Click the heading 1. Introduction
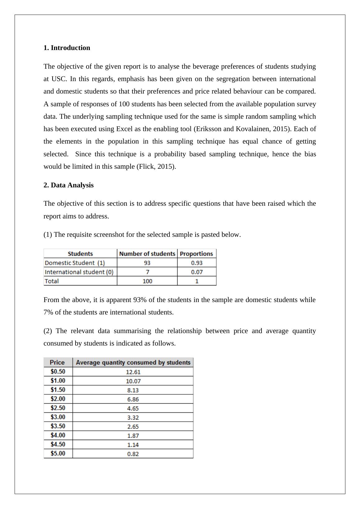[x=67, y=48]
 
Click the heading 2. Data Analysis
[x=68, y=185]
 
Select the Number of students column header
[x=147, y=254]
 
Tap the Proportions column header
[x=196, y=254]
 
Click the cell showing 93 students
[x=147, y=263]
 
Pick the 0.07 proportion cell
[x=197, y=272]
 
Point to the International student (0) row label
[x=79, y=272]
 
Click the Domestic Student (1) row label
[x=75, y=263]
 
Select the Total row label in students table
[x=52, y=281]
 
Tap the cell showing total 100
[x=147, y=281]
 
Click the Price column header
[x=57, y=362]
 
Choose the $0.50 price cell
[x=58, y=371]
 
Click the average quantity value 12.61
[x=133, y=372]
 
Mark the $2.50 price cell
[x=58, y=408]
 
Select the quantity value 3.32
[x=133, y=417]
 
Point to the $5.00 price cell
[x=58, y=453]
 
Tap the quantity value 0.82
[x=133, y=454]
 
